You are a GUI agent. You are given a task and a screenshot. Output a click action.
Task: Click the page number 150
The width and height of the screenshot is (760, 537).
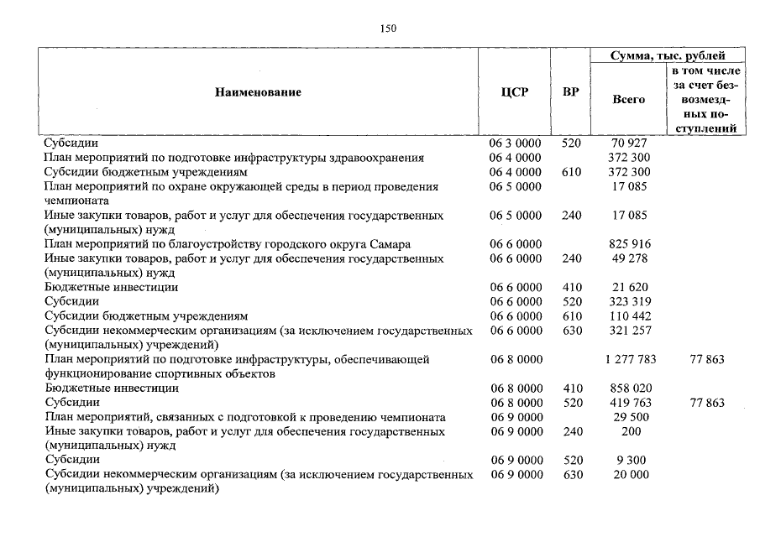(x=387, y=29)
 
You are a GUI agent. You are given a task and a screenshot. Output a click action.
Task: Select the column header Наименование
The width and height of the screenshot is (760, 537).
(x=257, y=92)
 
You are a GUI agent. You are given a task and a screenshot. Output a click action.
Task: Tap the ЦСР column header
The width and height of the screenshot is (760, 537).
(x=514, y=92)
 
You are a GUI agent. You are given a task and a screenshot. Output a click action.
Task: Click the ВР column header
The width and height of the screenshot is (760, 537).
(x=570, y=92)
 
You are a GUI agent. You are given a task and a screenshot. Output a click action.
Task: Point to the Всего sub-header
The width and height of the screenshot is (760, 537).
(x=629, y=99)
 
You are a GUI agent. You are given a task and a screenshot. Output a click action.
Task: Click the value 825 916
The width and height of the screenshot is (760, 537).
(x=629, y=244)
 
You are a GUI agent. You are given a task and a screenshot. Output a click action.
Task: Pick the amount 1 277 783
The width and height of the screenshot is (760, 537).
(x=629, y=360)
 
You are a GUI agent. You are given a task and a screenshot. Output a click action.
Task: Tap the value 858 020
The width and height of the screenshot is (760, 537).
(x=629, y=388)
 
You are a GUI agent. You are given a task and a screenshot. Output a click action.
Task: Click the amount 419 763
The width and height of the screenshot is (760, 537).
(x=629, y=403)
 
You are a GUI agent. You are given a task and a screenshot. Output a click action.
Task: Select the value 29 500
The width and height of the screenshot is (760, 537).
(x=629, y=417)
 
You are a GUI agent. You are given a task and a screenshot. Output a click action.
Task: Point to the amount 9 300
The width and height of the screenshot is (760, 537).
(x=629, y=461)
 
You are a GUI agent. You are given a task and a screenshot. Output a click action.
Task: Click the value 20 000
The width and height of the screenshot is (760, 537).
(x=629, y=475)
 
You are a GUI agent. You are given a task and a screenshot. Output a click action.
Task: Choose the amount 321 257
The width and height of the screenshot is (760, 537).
(x=629, y=331)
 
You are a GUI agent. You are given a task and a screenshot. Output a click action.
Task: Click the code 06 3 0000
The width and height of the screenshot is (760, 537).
(x=515, y=143)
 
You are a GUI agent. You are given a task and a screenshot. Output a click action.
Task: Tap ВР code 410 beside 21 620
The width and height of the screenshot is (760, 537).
(x=571, y=288)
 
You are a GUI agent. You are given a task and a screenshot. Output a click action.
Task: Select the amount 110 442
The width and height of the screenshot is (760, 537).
(x=629, y=316)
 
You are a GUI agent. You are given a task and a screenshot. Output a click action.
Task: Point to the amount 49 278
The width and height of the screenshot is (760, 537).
(x=629, y=258)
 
